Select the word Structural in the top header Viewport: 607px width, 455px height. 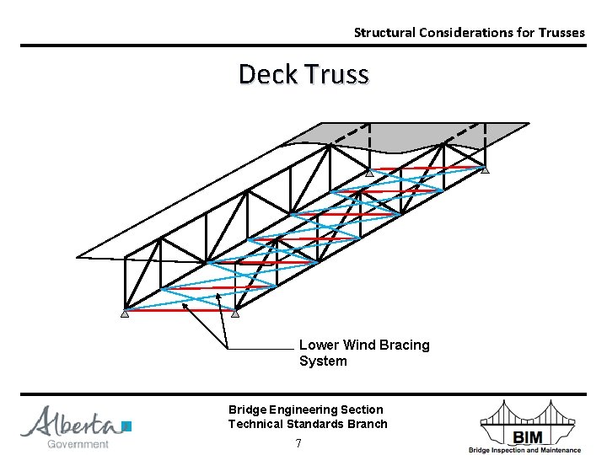coord(382,33)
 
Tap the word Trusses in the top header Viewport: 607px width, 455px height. coord(556,33)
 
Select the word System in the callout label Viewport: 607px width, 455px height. coord(323,361)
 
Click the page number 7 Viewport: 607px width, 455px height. coord(298,443)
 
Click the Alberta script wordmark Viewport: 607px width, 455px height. coord(71,421)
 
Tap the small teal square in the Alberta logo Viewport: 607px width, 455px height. coord(126,426)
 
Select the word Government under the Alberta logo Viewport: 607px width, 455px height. coord(78,444)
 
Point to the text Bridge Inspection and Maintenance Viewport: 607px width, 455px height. coord(524,450)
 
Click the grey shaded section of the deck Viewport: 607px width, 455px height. coord(438,135)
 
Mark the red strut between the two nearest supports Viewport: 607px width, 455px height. coord(180,310)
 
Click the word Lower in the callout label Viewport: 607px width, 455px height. coord(318,345)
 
